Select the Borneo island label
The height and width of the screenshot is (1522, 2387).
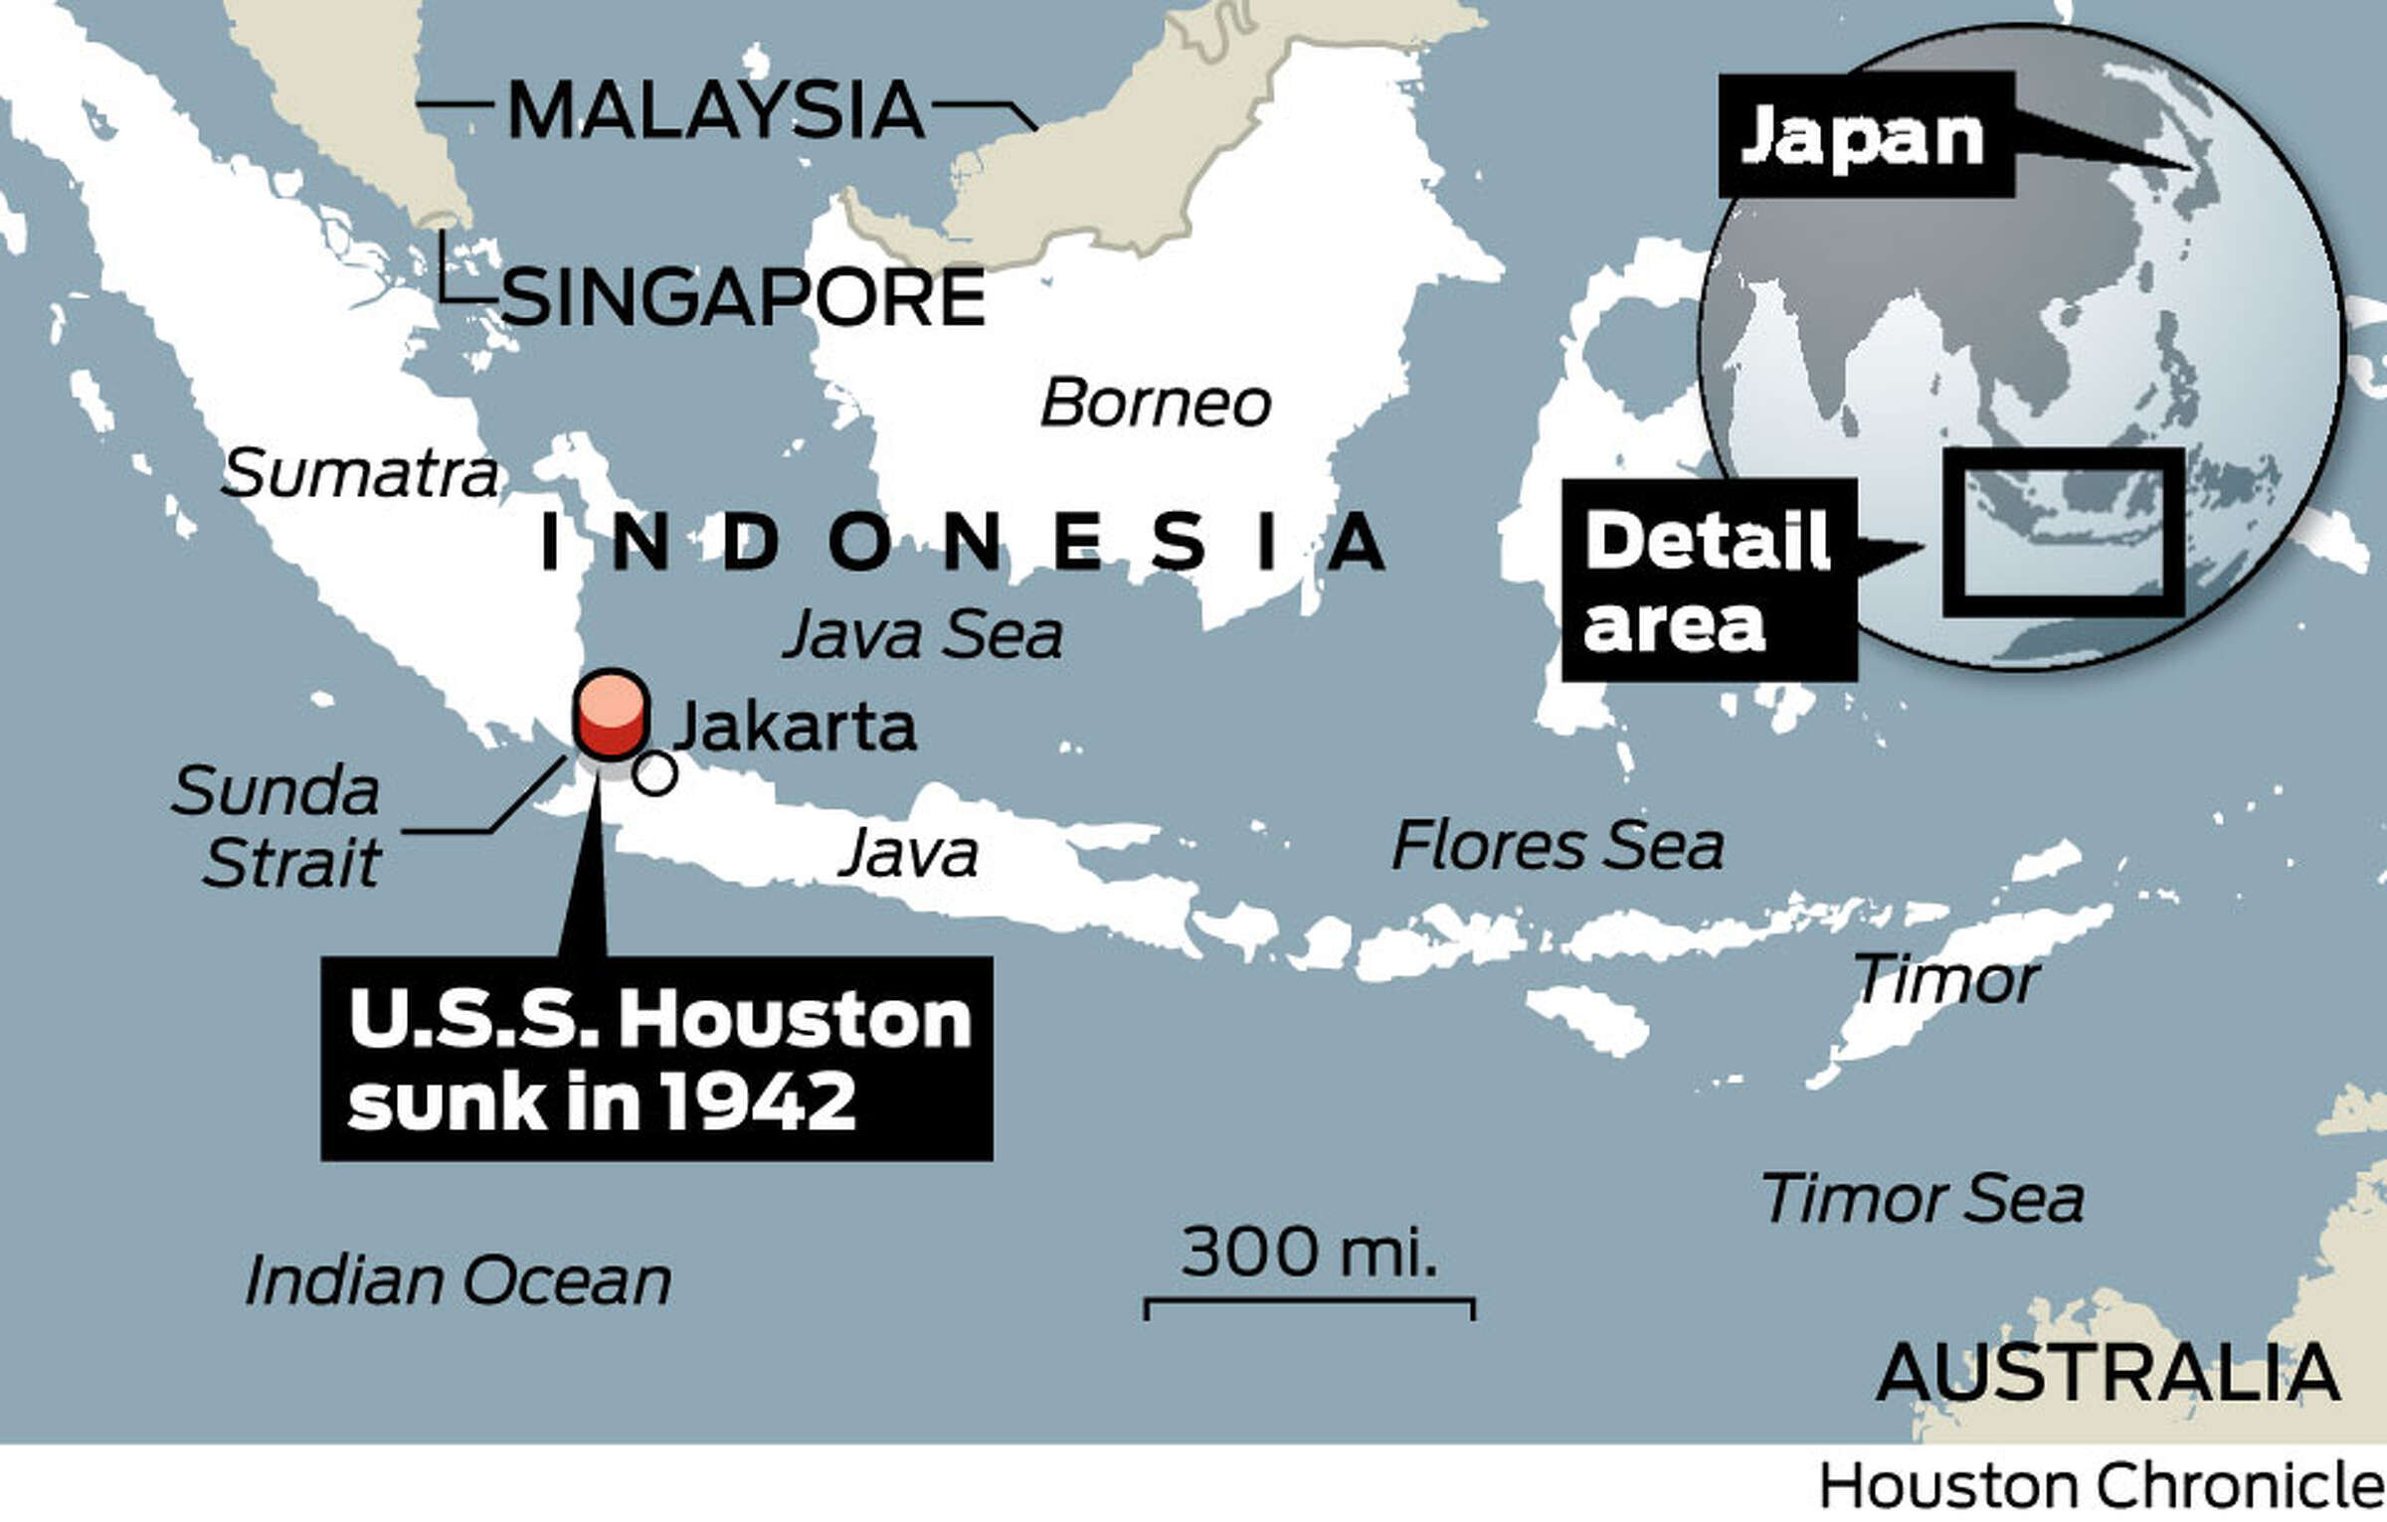pyautogui.click(x=1155, y=404)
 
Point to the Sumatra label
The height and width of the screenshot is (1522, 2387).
pyautogui.click(x=359, y=473)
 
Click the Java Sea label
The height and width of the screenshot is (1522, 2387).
pyautogui.click(x=922, y=634)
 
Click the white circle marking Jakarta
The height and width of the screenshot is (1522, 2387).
pyautogui.click(x=654, y=773)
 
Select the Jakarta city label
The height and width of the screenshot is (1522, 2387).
pyautogui.click(x=795, y=727)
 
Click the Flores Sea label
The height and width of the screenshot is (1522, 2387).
pyautogui.click(x=1557, y=846)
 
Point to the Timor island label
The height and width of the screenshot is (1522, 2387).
pyautogui.click(x=1945, y=980)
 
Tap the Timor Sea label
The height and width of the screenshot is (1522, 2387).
pyautogui.click(x=1922, y=1198)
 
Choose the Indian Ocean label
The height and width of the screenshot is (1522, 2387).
pyautogui.click(x=458, y=1279)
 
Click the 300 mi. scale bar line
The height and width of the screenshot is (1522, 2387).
pyautogui.click(x=1309, y=1300)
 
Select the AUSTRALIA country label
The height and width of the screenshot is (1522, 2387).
pyautogui.click(x=2108, y=1373)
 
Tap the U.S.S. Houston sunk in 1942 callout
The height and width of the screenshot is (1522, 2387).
pyautogui.click(x=656, y=1059)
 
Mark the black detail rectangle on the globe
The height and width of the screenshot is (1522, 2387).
pyautogui.click(x=2064, y=532)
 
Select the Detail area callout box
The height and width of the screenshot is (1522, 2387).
pyautogui.click(x=1708, y=581)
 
